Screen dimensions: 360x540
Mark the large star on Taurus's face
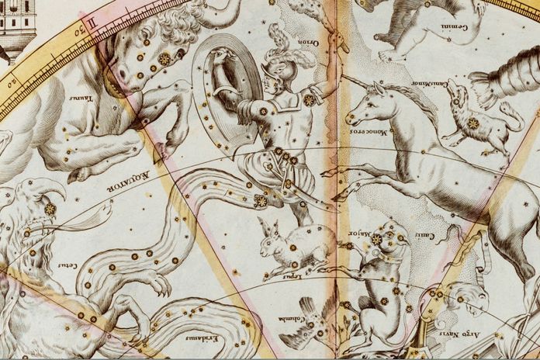(x=164, y=59)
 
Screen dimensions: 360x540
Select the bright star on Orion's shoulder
(x=309, y=100)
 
